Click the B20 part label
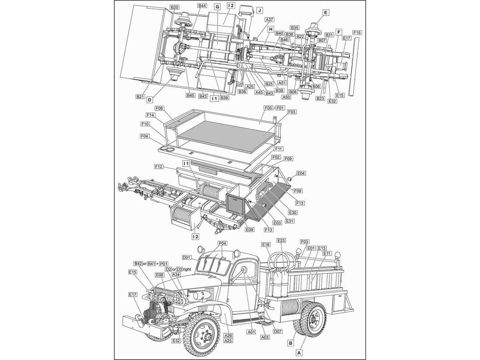(x=174, y=8)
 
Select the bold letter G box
(x=217, y=7)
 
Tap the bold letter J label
(x=259, y=10)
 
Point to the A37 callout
(x=270, y=20)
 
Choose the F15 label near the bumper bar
(x=357, y=32)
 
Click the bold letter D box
(x=150, y=100)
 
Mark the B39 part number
(x=224, y=98)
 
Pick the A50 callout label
(x=286, y=97)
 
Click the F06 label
(x=159, y=108)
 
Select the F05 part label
(x=268, y=108)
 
